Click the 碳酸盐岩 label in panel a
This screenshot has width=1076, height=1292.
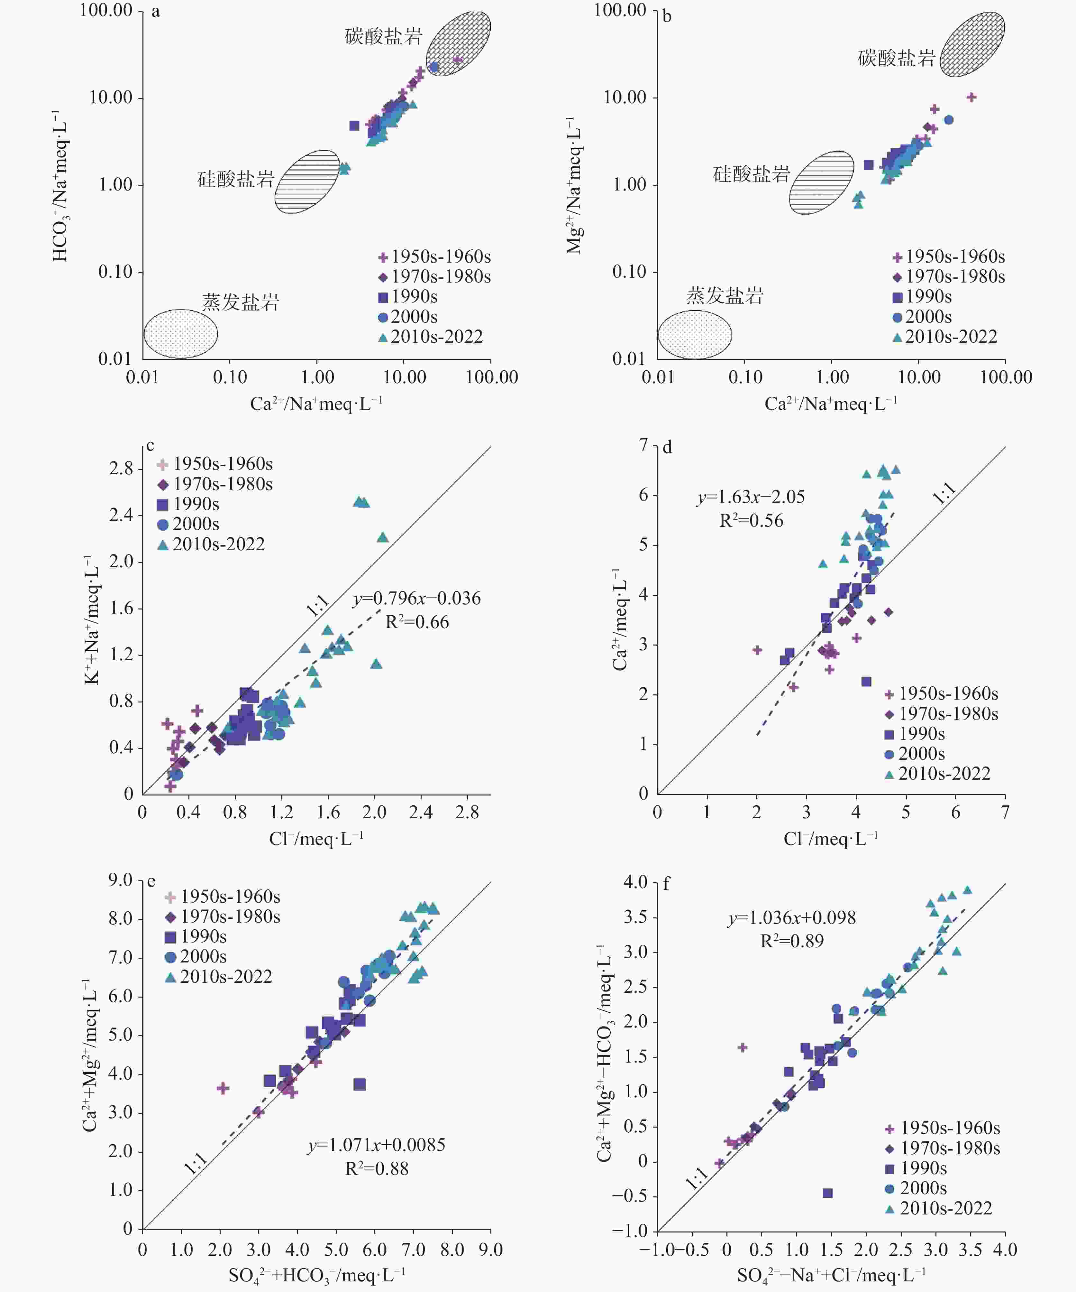pos(383,36)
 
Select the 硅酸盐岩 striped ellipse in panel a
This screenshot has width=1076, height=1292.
pos(307,182)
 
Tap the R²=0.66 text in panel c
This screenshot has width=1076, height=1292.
pos(417,622)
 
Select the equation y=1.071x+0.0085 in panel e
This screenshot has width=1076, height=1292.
pos(376,1145)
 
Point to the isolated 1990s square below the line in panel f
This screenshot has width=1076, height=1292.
pos(828,1193)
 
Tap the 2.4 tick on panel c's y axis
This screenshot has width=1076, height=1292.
pos(121,515)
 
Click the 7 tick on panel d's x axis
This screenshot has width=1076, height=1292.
pos(1005,813)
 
